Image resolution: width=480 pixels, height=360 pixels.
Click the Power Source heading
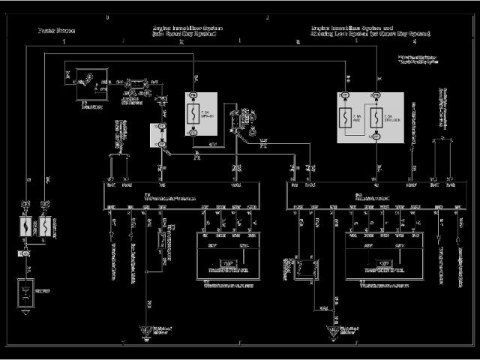click(49, 31)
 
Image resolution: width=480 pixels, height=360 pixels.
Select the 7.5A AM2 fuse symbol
click(346, 118)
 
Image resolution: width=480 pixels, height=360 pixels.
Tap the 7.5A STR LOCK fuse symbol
click(378, 118)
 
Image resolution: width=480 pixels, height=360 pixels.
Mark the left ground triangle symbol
click(146, 329)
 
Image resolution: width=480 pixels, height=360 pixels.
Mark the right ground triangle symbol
click(332, 329)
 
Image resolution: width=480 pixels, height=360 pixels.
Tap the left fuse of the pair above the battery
click(25, 226)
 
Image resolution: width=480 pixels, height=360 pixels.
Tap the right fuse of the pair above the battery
click(45, 226)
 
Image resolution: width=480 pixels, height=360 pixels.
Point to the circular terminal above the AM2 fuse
click(346, 96)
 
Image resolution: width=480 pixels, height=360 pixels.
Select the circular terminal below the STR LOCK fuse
click(378, 136)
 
